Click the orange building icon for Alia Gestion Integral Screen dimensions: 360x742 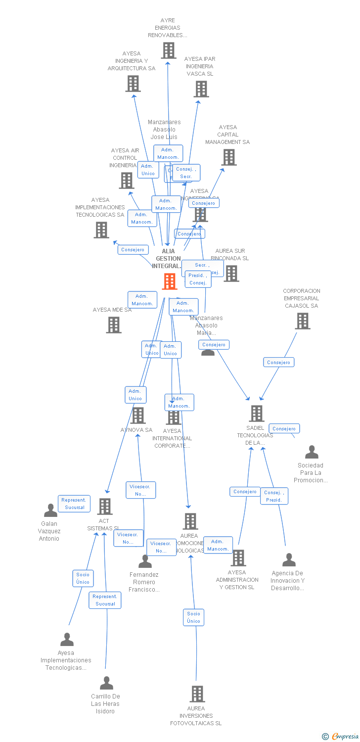coord(170,281)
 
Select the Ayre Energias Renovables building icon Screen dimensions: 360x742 coord(169,50)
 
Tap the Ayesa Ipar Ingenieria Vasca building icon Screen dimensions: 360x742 coord(201,89)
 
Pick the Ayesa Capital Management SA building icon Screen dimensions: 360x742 coord(229,157)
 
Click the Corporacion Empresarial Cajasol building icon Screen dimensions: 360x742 coord(302,321)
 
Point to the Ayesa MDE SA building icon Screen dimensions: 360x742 coord(114,325)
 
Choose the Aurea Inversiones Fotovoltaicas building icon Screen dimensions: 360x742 coord(197,694)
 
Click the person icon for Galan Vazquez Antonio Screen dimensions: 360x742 coord(50,510)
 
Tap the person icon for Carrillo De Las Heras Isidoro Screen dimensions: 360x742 coord(106,683)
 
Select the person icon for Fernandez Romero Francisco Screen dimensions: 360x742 coord(145,561)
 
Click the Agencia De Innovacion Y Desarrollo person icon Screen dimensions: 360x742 coord(289,560)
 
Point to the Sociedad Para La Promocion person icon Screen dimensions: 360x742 coord(312,452)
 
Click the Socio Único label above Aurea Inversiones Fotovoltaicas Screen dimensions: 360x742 coord(194,617)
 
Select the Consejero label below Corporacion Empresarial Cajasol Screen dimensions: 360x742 coord(278,363)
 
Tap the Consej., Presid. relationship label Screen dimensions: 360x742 coord(274,496)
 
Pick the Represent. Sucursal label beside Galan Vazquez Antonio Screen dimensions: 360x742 coord(74,504)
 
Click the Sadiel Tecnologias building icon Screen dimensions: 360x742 coord(256,414)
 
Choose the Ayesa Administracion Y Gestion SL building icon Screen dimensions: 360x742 coord(238,558)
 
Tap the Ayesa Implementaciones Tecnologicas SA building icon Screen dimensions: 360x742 coord(101,230)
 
